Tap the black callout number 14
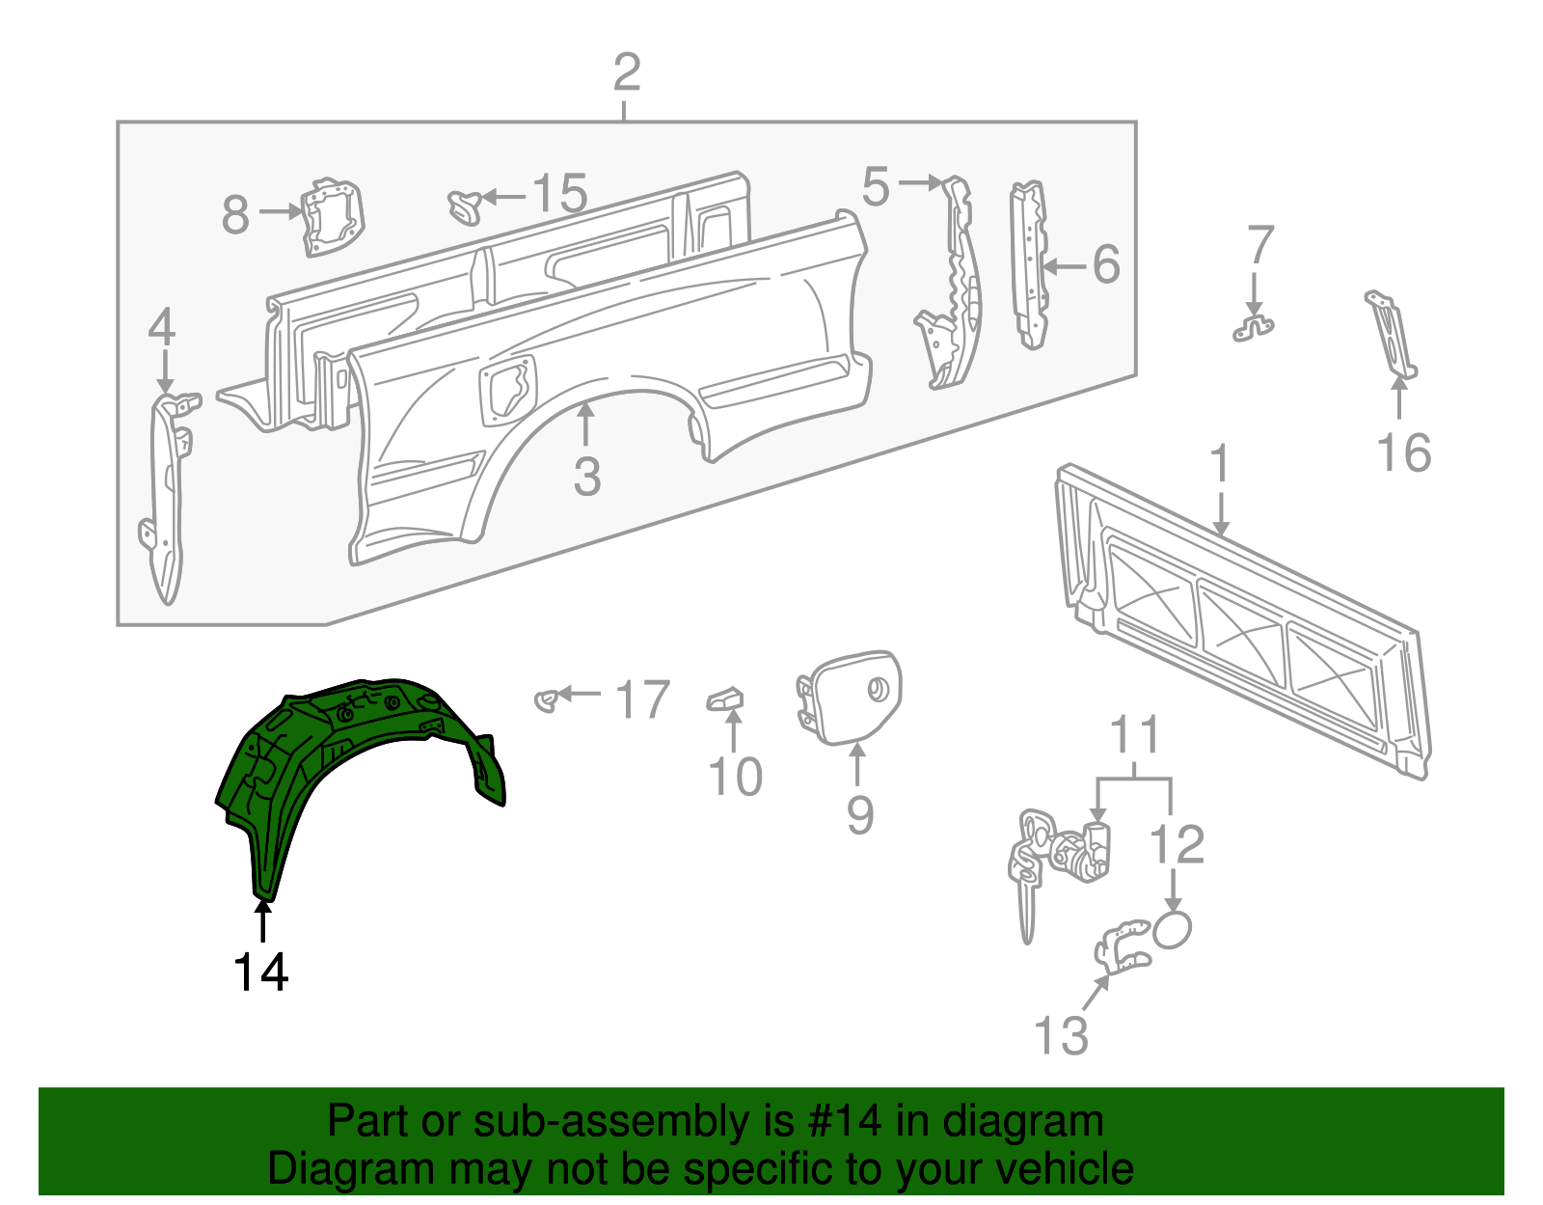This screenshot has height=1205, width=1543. click(x=260, y=972)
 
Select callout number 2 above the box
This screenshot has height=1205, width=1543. click(x=626, y=73)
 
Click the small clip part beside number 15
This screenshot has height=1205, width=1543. click(x=466, y=205)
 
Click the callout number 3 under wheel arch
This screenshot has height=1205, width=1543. click(x=586, y=477)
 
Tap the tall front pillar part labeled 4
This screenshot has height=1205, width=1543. click(x=167, y=497)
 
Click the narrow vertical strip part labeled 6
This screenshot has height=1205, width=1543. click(x=1029, y=265)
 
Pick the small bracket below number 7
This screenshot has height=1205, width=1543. click(x=1253, y=327)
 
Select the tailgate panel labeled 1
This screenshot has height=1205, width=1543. click(x=1244, y=617)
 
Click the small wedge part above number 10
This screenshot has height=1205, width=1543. click(x=726, y=698)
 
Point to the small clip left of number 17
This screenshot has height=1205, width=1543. click(x=547, y=699)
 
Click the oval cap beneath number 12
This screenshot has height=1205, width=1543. click(x=1173, y=929)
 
